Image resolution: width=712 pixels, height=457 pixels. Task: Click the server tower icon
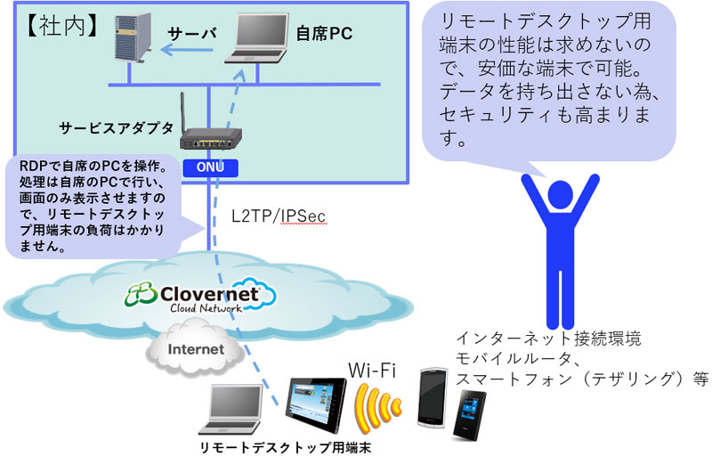click(132, 37)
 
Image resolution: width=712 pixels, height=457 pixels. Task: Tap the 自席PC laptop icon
click(257, 38)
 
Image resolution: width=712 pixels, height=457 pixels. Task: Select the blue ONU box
click(210, 167)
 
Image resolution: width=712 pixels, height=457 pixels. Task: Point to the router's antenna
click(183, 112)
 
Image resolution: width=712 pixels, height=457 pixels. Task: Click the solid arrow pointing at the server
click(187, 50)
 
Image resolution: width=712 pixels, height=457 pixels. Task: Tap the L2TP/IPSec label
click(279, 216)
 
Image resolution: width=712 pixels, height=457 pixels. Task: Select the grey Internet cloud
click(194, 348)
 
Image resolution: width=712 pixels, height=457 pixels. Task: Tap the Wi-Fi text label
click(372, 371)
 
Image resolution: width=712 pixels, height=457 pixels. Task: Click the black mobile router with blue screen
click(470, 415)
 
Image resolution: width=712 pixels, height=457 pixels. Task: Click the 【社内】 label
click(61, 27)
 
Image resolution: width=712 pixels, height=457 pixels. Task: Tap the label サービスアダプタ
click(117, 128)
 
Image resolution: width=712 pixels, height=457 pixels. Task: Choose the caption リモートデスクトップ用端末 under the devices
click(286, 447)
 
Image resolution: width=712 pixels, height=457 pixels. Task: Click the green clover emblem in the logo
click(142, 295)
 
